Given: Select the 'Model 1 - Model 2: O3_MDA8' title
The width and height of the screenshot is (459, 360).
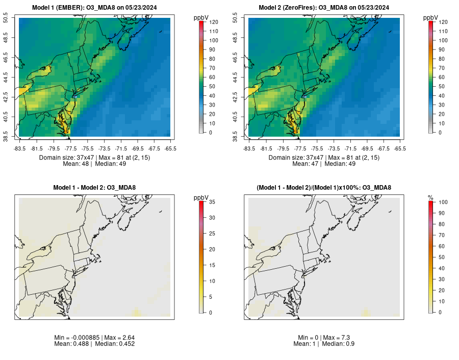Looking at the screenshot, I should click(94, 188).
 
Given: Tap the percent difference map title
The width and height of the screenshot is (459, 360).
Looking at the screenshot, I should click(324, 188).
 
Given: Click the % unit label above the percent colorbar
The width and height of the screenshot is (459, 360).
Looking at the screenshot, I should click(430, 197).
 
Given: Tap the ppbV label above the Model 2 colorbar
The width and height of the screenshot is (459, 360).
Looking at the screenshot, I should click(430, 17).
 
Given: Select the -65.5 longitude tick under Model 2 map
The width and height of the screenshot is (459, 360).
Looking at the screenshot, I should click(400, 149).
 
